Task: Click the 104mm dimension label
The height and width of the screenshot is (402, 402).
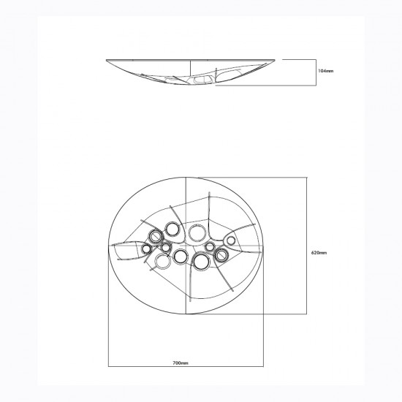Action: click(x=325, y=71)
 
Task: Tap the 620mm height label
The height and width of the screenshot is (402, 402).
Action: click(x=318, y=252)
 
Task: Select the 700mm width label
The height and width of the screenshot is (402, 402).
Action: click(x=181, y=363)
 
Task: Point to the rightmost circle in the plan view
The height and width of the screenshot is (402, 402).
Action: click(x=231, y=240)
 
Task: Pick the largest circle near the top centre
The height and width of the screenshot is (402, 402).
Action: click(x=197, y=233)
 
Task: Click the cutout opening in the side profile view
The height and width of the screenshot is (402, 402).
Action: click(x=202, y=80)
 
